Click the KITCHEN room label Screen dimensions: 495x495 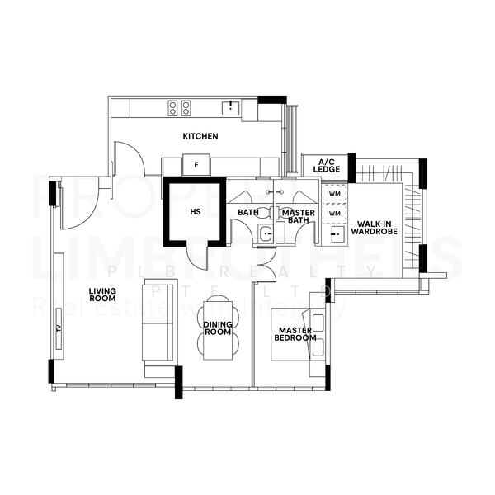200,136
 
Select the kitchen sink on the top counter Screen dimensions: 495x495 229,107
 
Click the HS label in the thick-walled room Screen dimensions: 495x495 196,212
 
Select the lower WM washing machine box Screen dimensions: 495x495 334,213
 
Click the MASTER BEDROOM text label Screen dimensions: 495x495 295,334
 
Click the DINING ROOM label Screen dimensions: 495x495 218,328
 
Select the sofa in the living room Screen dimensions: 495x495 158,322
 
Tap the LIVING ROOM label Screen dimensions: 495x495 102,295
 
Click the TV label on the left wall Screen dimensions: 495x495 59,328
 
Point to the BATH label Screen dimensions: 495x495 248,213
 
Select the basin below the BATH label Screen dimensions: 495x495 265,234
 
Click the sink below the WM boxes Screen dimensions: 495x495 335,234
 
